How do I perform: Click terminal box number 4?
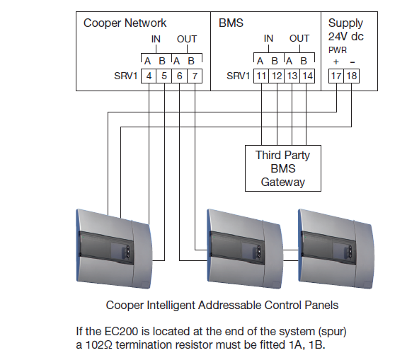pyautogui.click(x=149, y=76)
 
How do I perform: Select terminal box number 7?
pyautogui.click(x=195, y=76)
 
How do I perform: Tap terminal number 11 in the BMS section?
pyautogui.click(x=261, y=76)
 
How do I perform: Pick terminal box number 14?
pyautogui.click(x=307, y=76)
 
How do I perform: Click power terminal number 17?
pyautogui.click(x=336, y=76)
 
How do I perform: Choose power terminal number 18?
pyautogui.click(x=352, y=76)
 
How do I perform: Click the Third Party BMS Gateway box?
pyautogui.click(x=283, y=168)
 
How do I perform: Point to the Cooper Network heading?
pyautogui.click(x=125, y=23)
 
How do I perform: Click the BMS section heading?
pyautogui.click(x=231, y=23)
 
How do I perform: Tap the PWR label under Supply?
pyautogui.click(x=338, y=50)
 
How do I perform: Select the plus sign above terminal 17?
pyautogui.click(x=336, y=62)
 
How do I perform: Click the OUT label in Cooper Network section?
pyautogui.click(x=187, y=39)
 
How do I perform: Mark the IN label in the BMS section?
pyautogui.click(x=268, y=39)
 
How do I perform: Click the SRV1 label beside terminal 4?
pyautogui.click(x=125, y=76)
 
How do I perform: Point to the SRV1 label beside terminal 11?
pyautogui.click(x=238, y=76)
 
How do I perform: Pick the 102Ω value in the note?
pyautogui.click(x=99, y=345)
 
